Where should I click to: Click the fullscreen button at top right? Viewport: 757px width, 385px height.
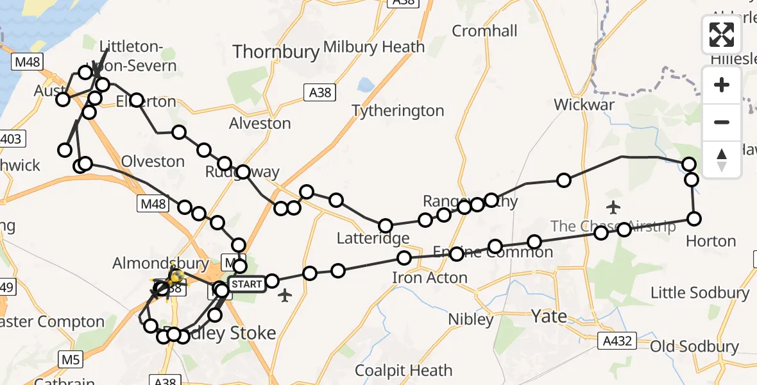click(x=722, y=35)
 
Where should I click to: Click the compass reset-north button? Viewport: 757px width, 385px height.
click(x=722, y=160)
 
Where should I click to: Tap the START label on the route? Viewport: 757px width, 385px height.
click(x=246, y=284)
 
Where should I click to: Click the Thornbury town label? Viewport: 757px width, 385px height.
click(x=276, y=51)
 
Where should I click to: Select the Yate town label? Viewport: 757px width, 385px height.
click(x=549, y=316)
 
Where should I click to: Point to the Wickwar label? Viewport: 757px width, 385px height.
click(x=584, y=105)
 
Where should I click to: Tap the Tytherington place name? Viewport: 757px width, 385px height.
click(x=398, y=111)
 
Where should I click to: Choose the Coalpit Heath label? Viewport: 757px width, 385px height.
click(x=404, y=370)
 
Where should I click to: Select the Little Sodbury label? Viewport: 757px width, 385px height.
click(x=700, y=293)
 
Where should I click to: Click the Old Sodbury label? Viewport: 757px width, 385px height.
click(x=695, y=347)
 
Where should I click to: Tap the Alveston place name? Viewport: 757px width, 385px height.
click(x=260, y=123)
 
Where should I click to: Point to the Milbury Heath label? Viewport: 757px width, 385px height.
click(x=374, y=47)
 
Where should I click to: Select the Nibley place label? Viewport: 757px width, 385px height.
click(x=471, y=319)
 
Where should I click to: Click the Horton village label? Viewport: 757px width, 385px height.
click(x=711, y=241)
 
